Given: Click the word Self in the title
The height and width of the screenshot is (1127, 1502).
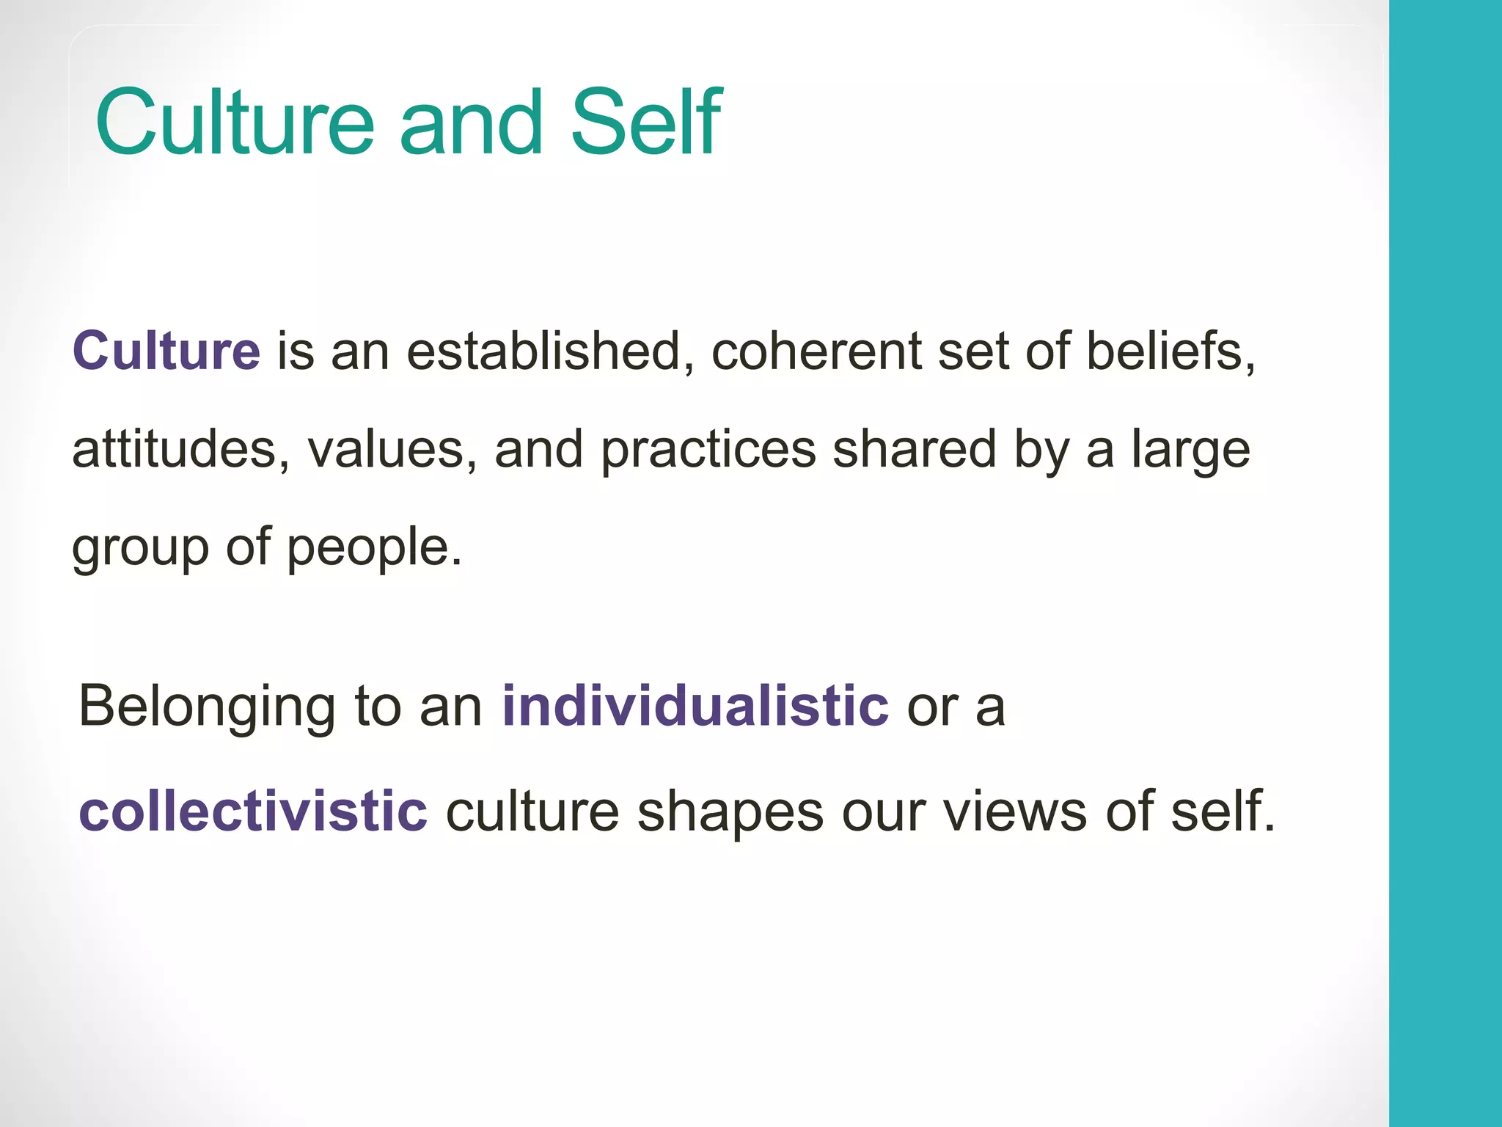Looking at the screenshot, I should coord(645,123).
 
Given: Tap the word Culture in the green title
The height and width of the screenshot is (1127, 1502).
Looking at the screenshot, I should coord(235,123).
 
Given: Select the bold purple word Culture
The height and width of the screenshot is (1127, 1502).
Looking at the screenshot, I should coord(166,351).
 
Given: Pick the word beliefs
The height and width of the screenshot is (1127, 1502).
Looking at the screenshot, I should coord(1171,351).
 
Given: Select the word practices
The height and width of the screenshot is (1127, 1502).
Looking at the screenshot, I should coord(708,449).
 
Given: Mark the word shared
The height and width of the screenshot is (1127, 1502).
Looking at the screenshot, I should coord(914,449).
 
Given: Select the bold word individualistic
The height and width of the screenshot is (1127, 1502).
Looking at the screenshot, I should coord(695,707).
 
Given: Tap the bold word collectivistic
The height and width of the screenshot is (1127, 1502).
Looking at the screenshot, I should coord(253,811).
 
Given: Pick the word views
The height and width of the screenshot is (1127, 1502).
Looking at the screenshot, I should coord(1015,811).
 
